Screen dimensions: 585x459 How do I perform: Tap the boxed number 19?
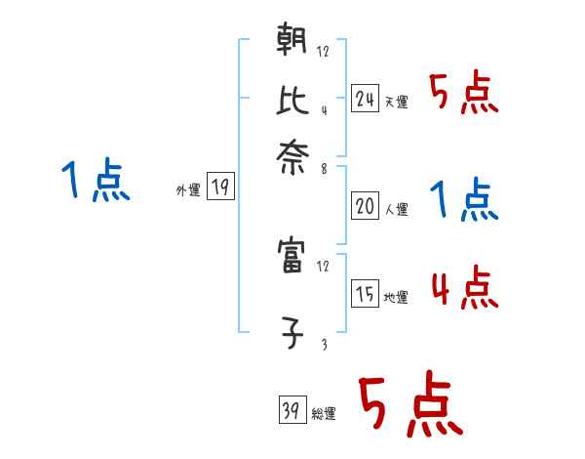click(220, 188)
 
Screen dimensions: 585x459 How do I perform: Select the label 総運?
click(324, 413)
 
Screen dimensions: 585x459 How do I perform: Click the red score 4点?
click(463, 288)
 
